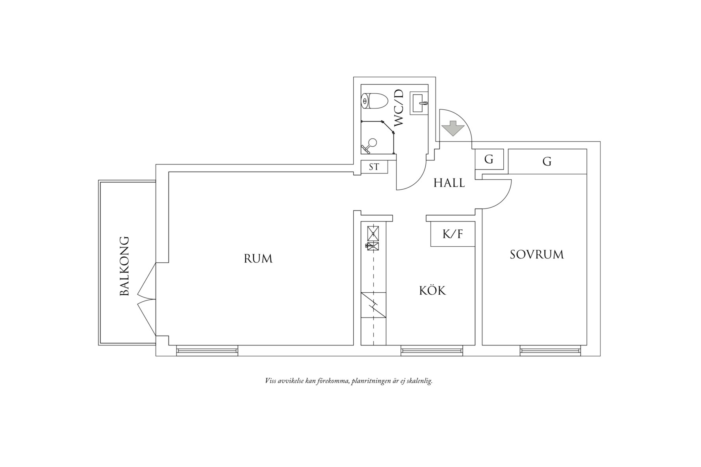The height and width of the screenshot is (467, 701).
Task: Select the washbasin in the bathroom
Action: pos(419,103)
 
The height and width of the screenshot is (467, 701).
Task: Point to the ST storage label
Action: pos(374,167)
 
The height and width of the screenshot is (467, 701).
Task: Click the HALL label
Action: pos(449,183)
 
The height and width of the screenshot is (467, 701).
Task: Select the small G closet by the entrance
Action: pos(489,159)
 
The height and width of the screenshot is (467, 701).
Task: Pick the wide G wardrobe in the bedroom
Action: pos(547,161)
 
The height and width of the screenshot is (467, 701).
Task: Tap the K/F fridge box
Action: pos(452,234)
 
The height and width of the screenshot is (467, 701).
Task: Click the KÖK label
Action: pos(432,291)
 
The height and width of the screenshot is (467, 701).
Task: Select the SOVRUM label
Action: pos(537,255)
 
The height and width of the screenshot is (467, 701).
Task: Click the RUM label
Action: pos(258,258)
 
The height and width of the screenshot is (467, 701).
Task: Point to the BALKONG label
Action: pos(124,266)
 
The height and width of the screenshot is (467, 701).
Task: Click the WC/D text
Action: pos(399,108)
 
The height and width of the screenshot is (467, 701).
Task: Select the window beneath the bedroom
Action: pos(550,350)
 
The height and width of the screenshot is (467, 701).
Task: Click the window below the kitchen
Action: pos(431,350)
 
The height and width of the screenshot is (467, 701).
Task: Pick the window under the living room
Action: pos(207,350)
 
